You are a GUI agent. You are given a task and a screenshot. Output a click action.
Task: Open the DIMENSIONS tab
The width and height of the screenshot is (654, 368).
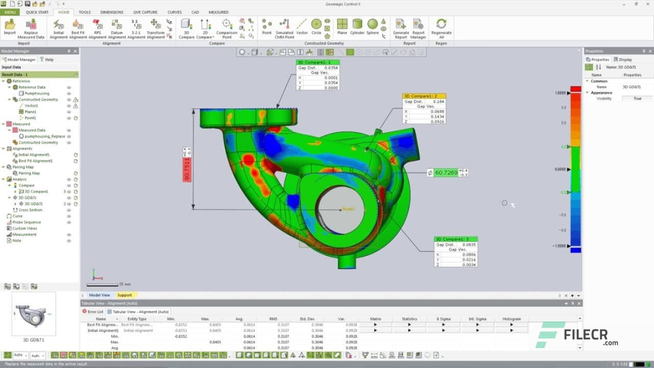tap(111, 12)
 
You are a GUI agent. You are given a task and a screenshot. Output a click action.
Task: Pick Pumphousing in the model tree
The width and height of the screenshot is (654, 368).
tap(37, 94)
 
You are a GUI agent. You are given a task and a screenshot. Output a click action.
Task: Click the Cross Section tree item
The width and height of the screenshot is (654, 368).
tap(30, 210)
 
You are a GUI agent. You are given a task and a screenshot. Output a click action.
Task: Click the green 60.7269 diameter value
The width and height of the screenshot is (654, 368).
tap(446, 173)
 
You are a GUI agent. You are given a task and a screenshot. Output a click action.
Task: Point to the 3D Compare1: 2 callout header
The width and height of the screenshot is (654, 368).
tap(424, 96)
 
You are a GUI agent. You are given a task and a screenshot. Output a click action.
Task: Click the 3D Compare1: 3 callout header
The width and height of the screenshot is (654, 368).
tap(455, 239)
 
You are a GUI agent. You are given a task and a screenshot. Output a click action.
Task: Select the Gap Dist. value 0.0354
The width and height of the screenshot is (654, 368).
tap(331, 67)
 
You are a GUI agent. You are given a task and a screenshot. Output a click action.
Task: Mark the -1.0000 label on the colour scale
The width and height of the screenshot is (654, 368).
tap(559, 246)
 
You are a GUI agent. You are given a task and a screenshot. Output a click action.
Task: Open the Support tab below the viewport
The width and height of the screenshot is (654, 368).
tap(124, 295)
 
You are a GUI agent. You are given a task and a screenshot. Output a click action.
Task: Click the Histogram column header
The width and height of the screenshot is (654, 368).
tap(511, 319)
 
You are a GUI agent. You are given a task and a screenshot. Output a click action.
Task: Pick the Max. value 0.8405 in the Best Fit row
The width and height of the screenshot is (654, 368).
tap(215, 325)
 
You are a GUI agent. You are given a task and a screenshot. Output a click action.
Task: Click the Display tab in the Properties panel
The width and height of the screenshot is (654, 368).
tap(625, 59)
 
